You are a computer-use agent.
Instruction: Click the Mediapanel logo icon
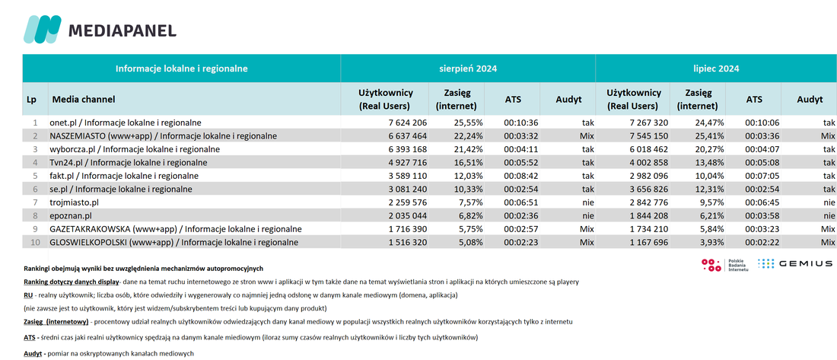point(42,30)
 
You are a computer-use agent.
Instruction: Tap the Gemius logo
point(795,263)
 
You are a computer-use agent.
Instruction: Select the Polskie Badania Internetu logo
point(725,264)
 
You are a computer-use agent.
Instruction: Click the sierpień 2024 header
point(468,68)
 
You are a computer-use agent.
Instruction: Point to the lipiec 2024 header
point(716,68)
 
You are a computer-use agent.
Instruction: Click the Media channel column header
point(83,99)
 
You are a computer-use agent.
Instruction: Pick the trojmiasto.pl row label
point(75,202)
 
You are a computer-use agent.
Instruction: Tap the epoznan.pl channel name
point(70,216)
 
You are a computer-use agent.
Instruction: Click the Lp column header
point(31,99)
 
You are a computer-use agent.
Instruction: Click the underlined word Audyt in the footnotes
point(33,354)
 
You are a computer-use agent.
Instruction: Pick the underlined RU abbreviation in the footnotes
point(27,295)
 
